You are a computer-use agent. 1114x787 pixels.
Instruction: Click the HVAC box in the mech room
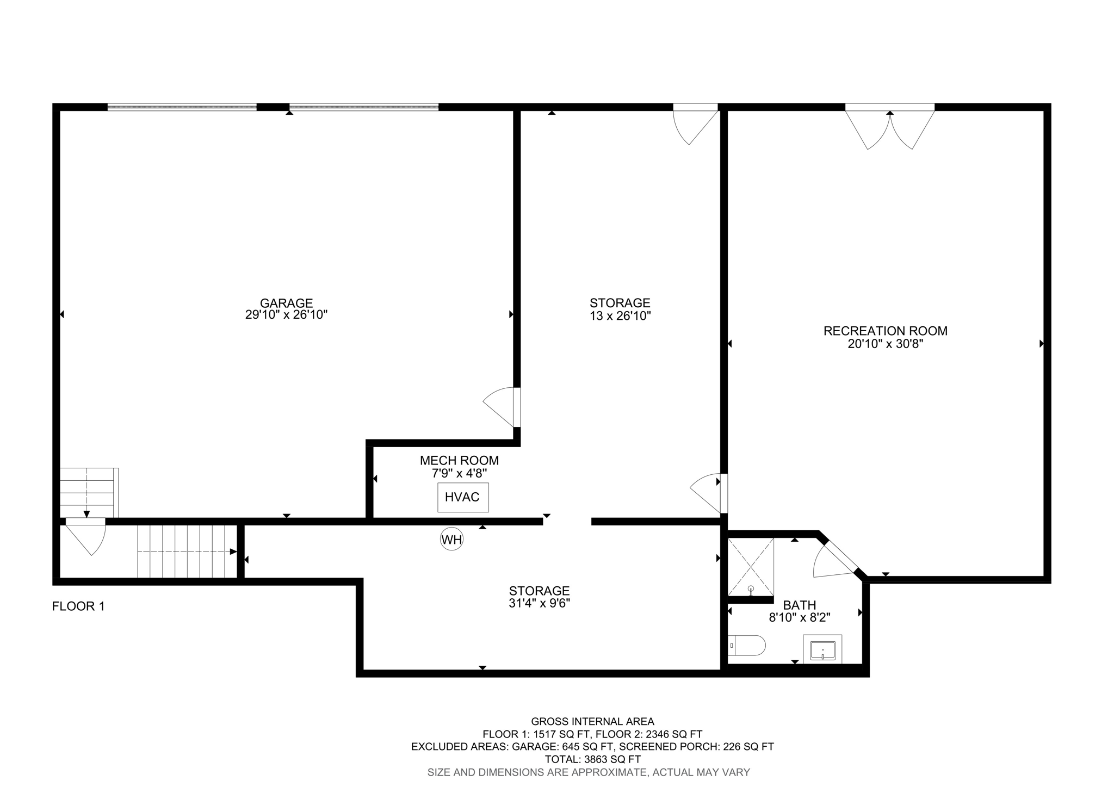(463, 497)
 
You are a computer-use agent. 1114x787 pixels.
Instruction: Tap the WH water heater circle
(451, 540)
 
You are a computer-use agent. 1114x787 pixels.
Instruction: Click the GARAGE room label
(286, 303)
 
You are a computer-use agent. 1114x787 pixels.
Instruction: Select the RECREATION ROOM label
(885, 331)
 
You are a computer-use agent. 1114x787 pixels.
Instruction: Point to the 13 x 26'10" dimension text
(620, 316)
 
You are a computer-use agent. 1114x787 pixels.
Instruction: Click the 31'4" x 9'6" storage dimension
(539, 603)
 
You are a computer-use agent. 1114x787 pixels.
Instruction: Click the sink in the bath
(822, 650)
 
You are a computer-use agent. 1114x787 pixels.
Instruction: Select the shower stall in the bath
(751, 567)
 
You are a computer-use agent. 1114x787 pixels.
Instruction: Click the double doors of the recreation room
(890, 128)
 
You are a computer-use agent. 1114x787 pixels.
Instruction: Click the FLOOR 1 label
(78, 606)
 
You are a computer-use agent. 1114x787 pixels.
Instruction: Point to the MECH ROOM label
(459, 461)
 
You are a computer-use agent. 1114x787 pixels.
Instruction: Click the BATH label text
(799, 605)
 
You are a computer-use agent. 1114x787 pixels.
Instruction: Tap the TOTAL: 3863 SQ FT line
(592, 759)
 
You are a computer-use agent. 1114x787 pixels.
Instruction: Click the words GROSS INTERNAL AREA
(592, 722)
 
